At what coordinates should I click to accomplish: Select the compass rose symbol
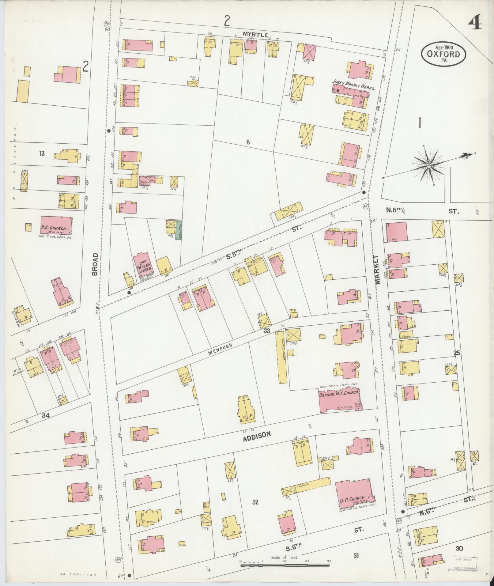429,166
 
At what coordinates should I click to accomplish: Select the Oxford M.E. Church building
339,400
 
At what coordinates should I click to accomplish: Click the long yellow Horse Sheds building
281,357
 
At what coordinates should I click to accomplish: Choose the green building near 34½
178,229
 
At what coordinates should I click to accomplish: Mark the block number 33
267,330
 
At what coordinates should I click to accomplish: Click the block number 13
42,153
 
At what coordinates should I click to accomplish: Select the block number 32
256,502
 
